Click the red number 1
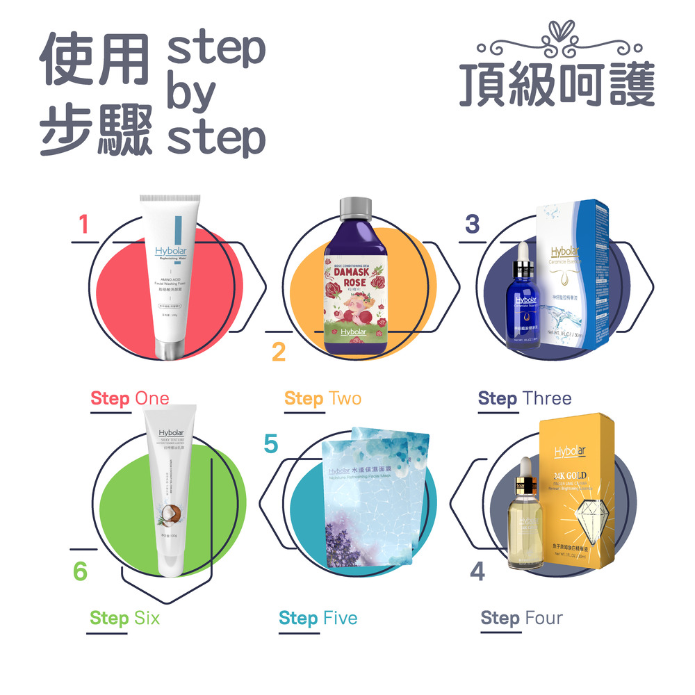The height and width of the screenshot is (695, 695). [x=84, y=224]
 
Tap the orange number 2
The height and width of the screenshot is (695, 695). [x=278, y=352]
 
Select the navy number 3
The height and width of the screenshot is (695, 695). [x=472, y=224]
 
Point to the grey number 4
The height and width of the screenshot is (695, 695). [x=477, y=571]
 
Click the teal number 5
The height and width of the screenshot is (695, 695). [x=271, y=444]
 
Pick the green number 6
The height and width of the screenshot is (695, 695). [x=81, y=571]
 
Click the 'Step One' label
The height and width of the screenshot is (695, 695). [x=130, y=398]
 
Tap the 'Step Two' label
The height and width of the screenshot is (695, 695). [x=322, y=398]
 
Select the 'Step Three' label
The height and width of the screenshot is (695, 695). [x=525, y=398]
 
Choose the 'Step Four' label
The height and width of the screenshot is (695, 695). [x=521, y=618]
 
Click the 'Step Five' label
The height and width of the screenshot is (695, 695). [x=318, y=618]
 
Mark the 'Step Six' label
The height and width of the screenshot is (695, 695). [x=124, y=618]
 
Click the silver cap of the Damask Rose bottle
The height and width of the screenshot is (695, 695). [x=355, y=206]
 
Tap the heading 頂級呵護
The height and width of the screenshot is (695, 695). [x=557, y=87]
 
